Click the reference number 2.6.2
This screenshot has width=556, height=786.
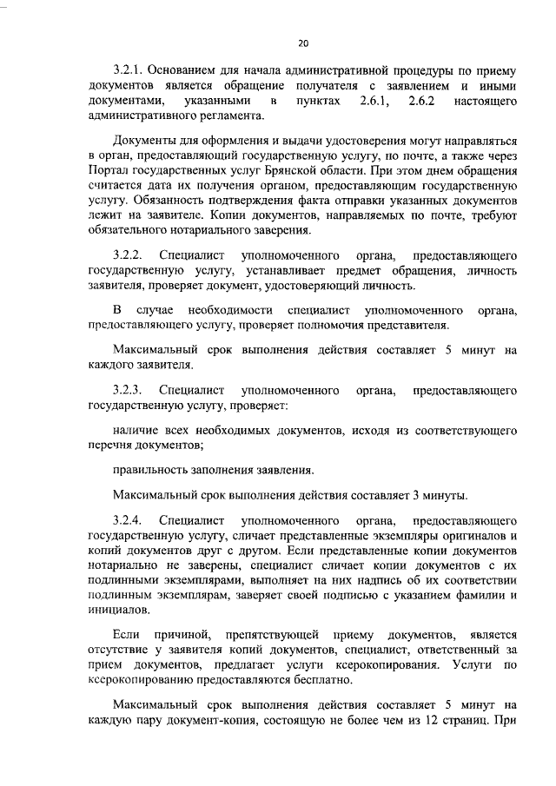point(422,102)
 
